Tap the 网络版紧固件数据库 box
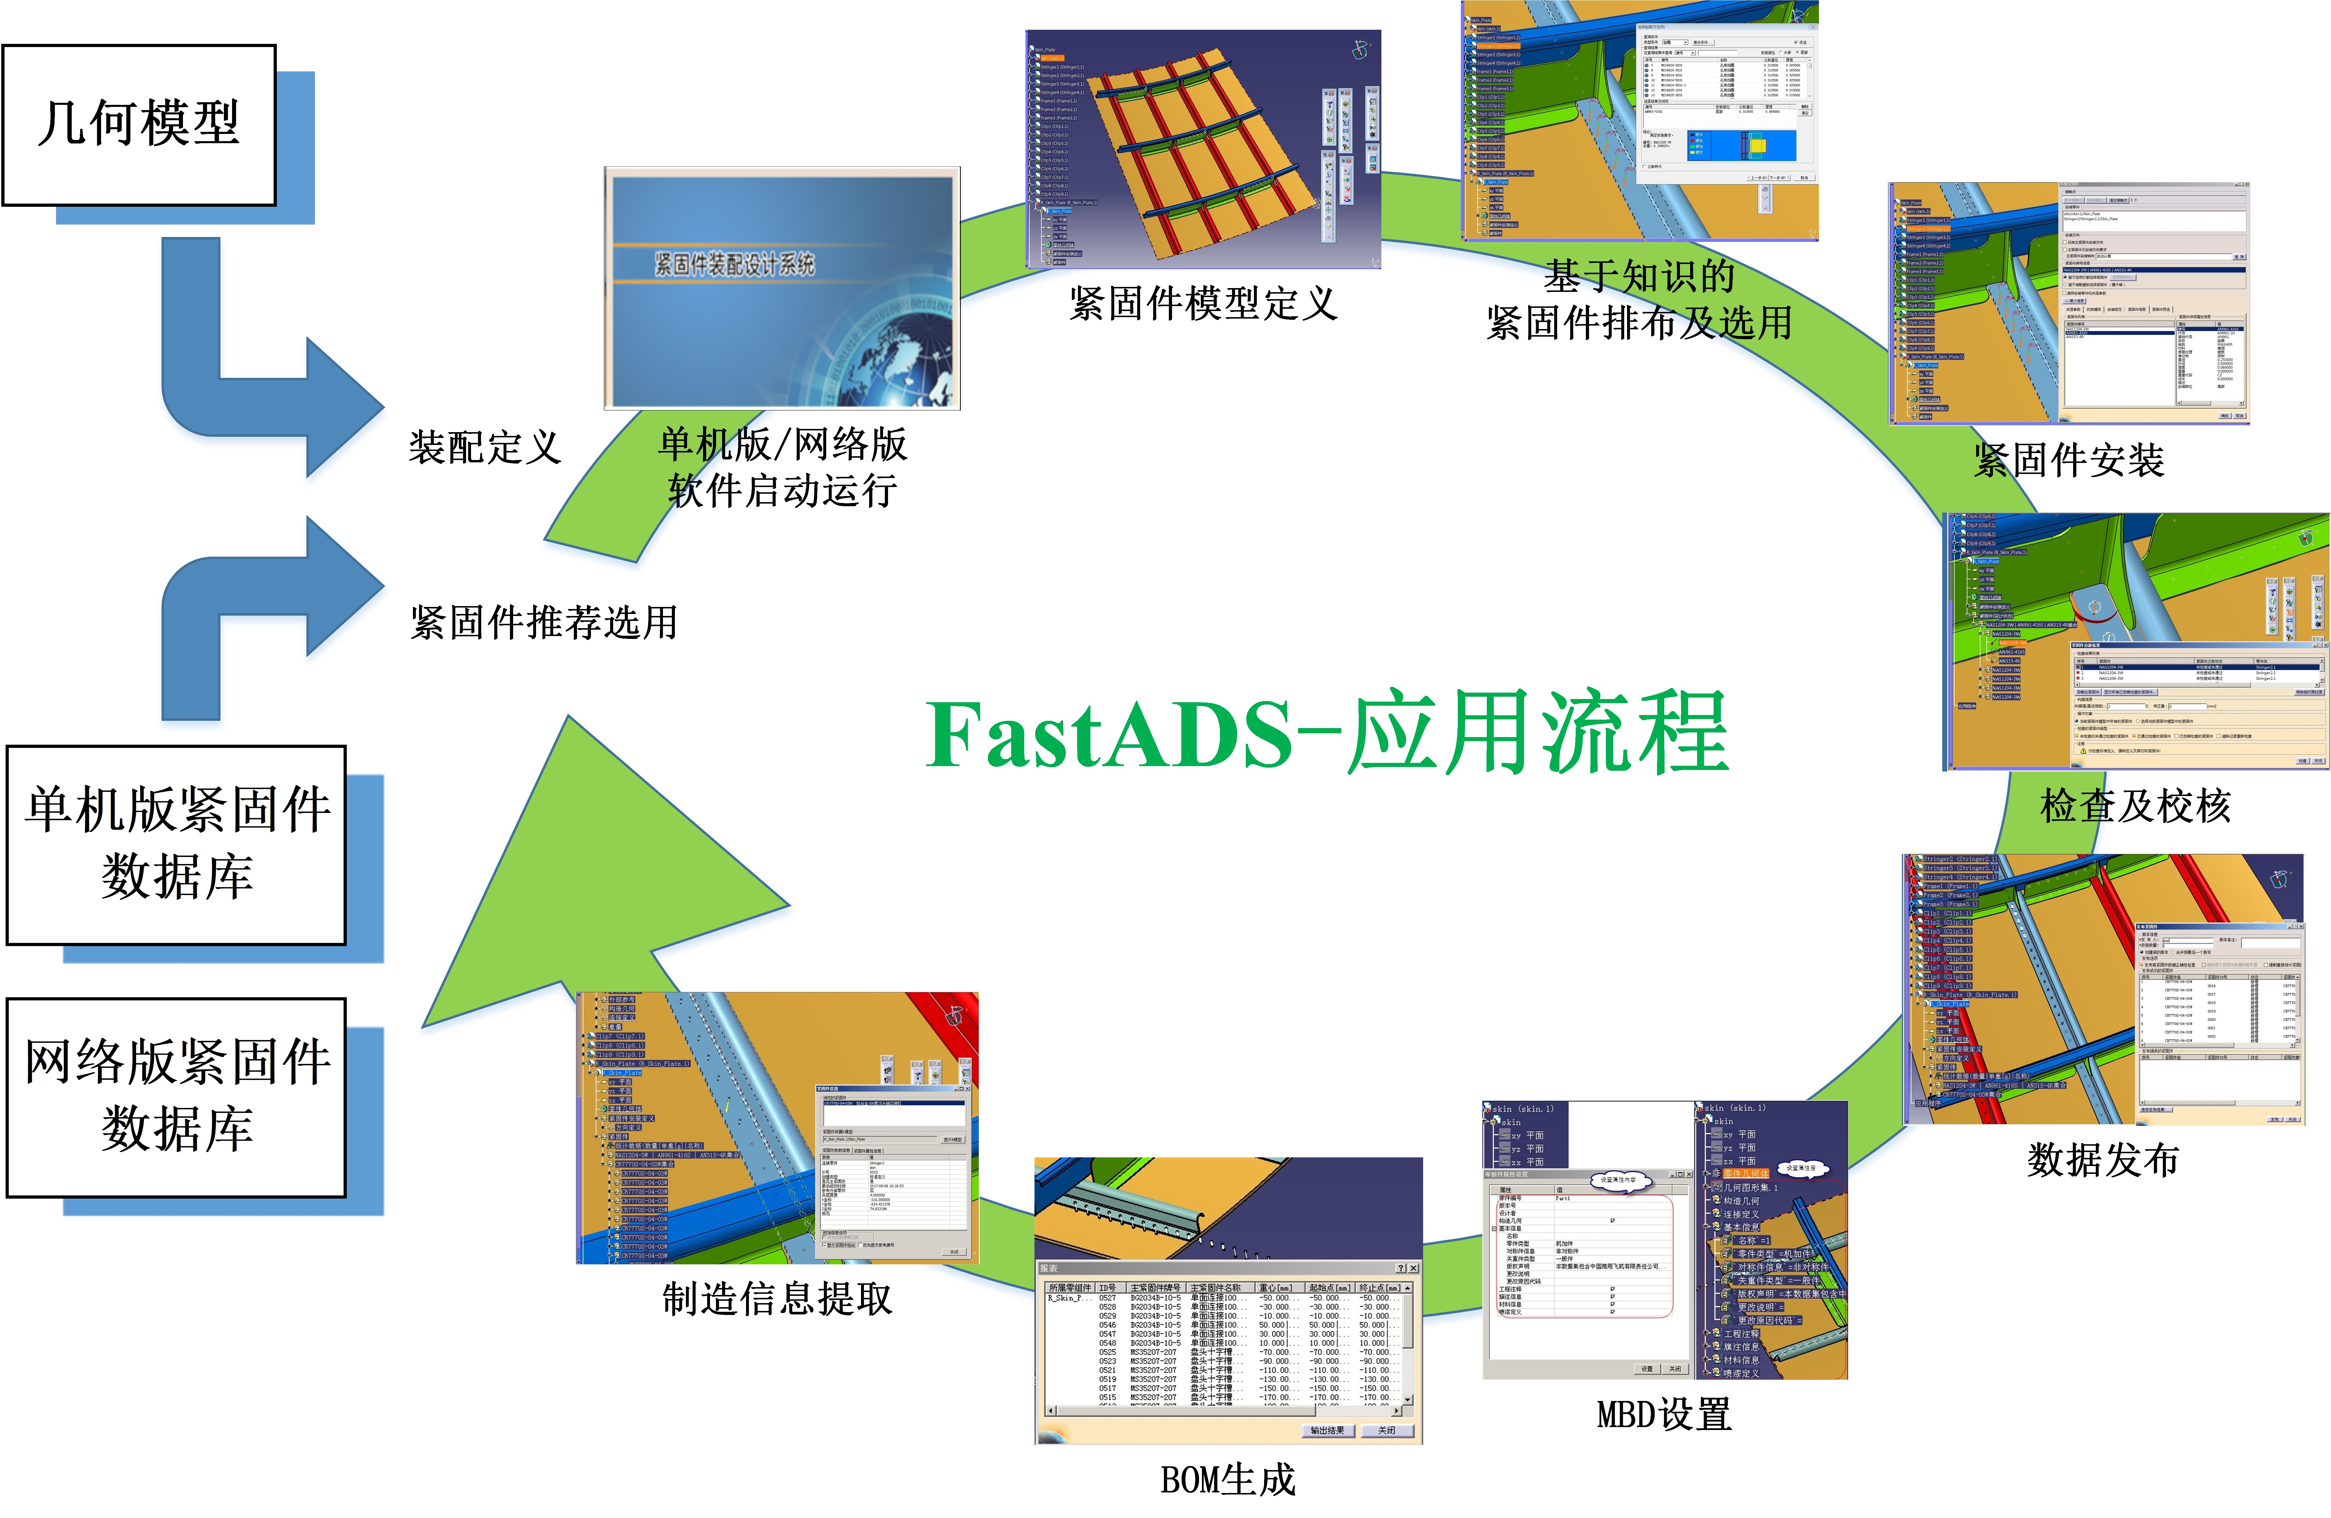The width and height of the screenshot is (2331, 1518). click(x=176, y=1097)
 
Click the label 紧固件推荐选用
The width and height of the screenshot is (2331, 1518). click(x=544, y=622)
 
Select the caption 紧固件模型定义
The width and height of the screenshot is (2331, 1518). click(x=1203, y=303)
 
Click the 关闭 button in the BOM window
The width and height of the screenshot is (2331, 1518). click(x=1386, y=1431)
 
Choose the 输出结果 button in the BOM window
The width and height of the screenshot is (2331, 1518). click(x=1327, y=1431)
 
